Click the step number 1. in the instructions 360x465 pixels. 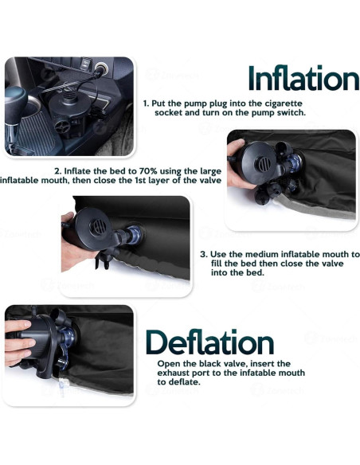[147, 104]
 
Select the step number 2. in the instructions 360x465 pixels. [58, 171]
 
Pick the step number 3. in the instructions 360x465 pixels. [204, 255]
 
